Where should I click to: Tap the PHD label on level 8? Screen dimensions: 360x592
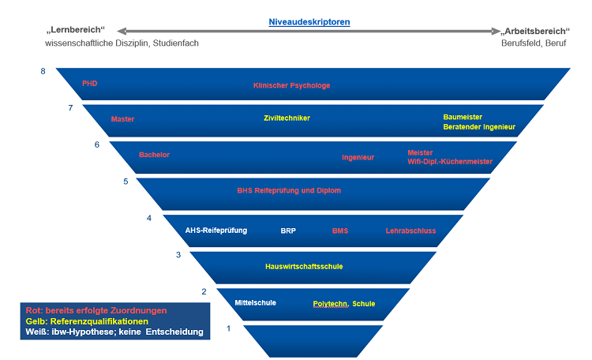89,83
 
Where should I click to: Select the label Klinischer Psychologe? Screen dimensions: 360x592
291,85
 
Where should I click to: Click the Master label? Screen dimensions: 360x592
122,119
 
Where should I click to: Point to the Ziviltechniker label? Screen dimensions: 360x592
287,118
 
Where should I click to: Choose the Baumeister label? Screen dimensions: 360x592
463,117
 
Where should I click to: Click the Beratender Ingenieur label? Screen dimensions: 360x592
478,126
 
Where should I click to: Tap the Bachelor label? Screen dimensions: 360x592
154,155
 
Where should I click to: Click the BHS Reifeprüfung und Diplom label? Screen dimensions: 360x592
289,190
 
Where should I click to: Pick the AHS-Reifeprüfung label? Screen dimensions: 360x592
216,231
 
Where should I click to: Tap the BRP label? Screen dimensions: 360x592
288,231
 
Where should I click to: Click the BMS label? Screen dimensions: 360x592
340,231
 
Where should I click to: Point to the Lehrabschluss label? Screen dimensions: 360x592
410,231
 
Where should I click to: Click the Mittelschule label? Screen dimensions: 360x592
256,302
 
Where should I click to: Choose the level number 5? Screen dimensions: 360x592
126,182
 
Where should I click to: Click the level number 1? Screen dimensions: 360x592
229,328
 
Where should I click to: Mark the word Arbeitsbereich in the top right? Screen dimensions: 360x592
530,31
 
